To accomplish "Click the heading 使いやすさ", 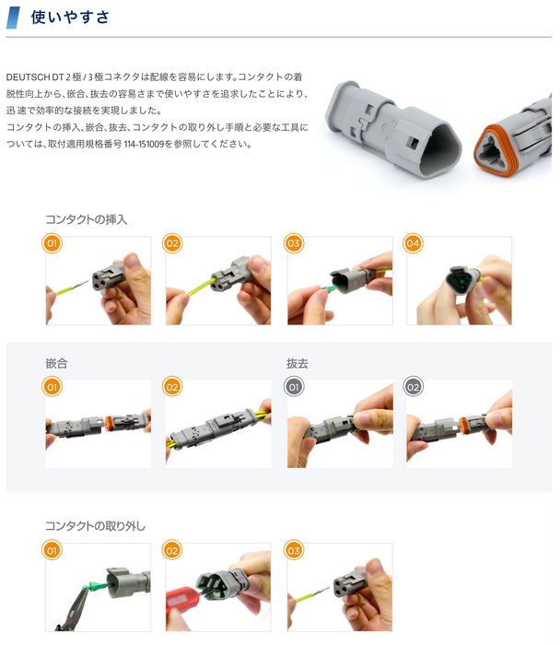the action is (x=70, y=18).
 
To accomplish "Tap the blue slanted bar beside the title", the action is (x=13, y=18).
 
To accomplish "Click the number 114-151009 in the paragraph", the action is (x=144, y=144).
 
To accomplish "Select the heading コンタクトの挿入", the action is (x=86, y=219).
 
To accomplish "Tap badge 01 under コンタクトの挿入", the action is (x=52, y=243).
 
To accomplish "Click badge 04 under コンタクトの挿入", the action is (x=413, y=243).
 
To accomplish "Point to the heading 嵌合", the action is (x=56, y=363).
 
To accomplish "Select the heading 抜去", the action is (x=297, y=363).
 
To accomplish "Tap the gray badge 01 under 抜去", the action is (x=294, y=387).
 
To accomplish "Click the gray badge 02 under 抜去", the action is (x=413, y=387).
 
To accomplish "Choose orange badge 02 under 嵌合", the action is (x=172, y=387).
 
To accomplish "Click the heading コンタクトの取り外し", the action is (x=95, y=526).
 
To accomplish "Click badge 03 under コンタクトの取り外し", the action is (x=294, y=550).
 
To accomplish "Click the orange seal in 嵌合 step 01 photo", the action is (x=109, y=423).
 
